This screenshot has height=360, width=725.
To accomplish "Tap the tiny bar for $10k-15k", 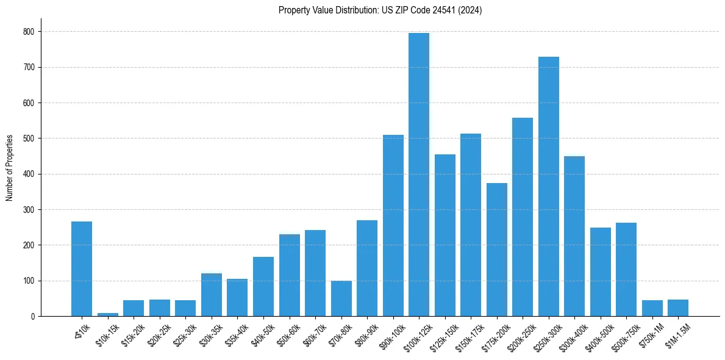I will click(x=108, y=314).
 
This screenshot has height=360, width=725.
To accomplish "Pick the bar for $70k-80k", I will click(x=341, y=298).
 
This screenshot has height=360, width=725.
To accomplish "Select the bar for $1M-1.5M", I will click(x=678, y=308).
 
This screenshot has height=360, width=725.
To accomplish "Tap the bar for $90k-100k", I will click(x=393, y=226).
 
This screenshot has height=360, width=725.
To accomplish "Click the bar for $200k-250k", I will click(x=523, y=217).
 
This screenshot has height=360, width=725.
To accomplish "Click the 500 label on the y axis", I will click(x=29, y=139).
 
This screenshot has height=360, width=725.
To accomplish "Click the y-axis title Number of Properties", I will click(x=10, y=168).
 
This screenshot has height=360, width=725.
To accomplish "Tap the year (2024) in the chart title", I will click(x=471, y=10).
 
